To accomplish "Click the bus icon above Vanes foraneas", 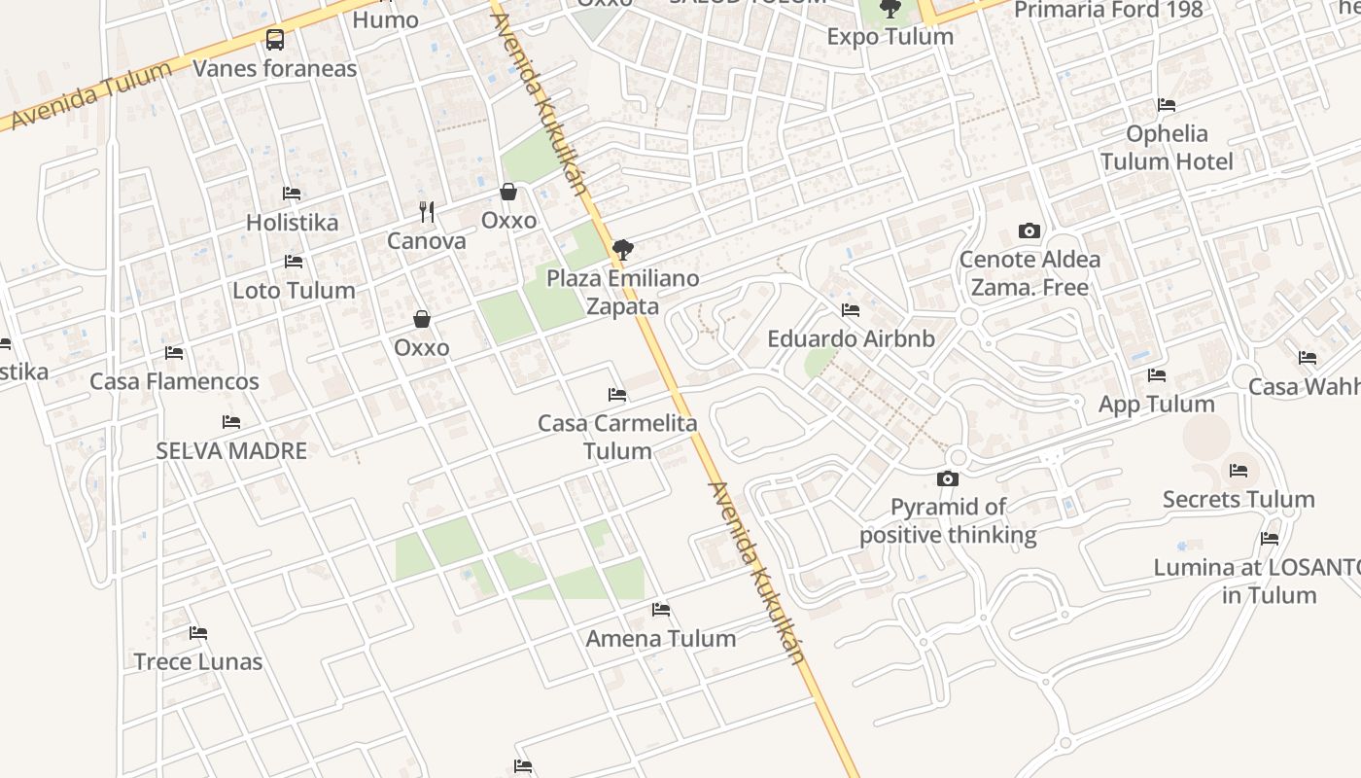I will point(275,40).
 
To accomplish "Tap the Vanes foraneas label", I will point(275,69).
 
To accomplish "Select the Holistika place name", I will point(292,223).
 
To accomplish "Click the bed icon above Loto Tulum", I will point(294,262).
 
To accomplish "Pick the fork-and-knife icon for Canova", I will point(426,211).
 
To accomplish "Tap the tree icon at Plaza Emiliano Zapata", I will point(623,250).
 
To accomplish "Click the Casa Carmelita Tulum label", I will point(617,437).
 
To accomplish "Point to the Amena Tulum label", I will point(661,639).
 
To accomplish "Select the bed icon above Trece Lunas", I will point(198,633).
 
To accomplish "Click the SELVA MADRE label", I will point(231,451).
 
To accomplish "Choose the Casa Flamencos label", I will point(174,381).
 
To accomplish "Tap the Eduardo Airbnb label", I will point(851,339).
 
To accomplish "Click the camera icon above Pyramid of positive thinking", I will point(948,478).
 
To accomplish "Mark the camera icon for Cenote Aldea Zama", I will point(1029,231).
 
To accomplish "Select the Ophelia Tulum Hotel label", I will point(1167,148).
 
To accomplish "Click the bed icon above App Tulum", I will point(1157,375).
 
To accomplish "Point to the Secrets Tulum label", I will point(1239,500).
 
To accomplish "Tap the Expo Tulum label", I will point(890,37).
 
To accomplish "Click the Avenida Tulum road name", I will point(92,94).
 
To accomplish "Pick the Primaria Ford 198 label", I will point(1108,11).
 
